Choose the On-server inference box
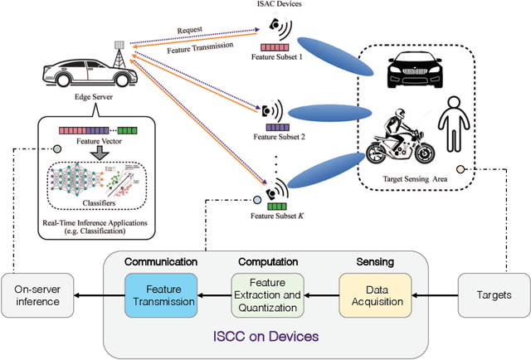37,296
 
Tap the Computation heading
267,261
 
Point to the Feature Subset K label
274,216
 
